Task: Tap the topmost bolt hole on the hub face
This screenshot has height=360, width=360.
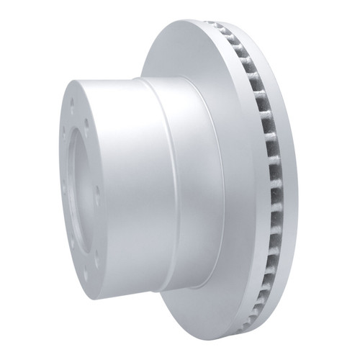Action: [x=72, y=102]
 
